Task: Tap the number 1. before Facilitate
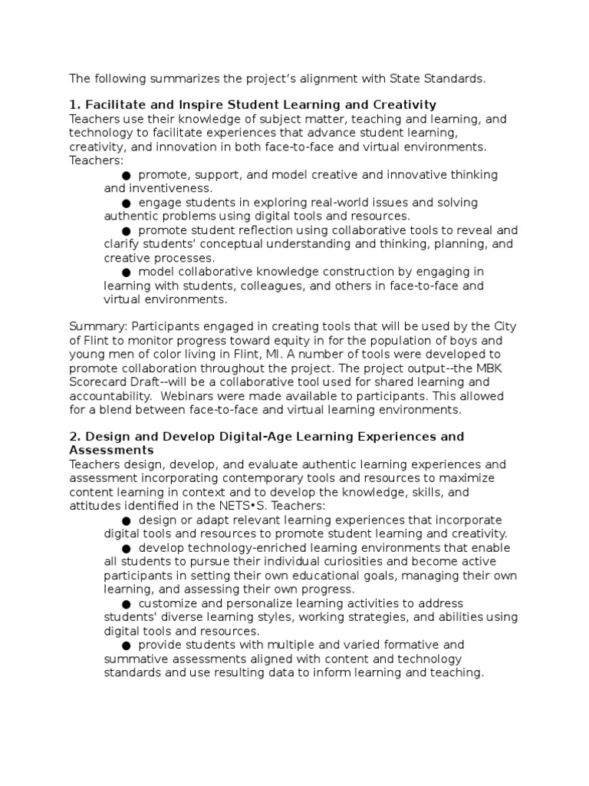tap(74, 104)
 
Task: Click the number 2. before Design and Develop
tap(74, 437)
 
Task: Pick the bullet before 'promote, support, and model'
tap(127, 175)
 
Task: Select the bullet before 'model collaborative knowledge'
tap(127, 272)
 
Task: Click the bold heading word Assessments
tap(111, 451)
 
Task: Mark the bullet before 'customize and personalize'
tap(127, 603)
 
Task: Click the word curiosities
tap(325, 562)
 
